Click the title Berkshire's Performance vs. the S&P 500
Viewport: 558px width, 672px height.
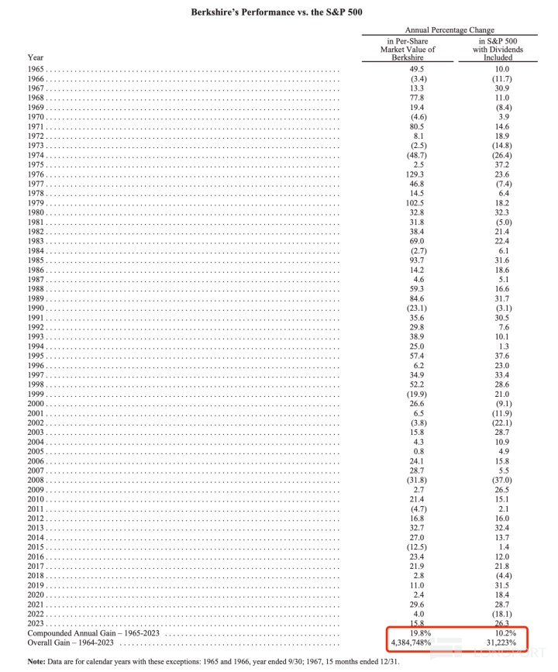pyautogui.click(x=279, y=13)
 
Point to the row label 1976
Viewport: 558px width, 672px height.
pyautogui.click(x=36, y=174)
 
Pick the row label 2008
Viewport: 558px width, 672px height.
pyautogui.click(x=36, y=480)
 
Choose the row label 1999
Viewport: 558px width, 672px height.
pyautogui.click(x=36, y=394)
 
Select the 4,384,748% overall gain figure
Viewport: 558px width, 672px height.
pyautogui.click(x=412, y=643)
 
